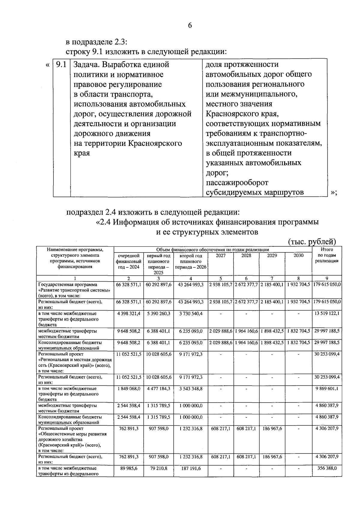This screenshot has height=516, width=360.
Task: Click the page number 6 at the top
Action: coord(190,26)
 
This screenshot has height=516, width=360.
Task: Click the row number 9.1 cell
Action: coord(61,65)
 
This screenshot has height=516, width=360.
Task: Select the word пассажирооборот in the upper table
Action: coord(237,183)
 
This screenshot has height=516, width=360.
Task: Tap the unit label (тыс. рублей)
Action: coord(312,241)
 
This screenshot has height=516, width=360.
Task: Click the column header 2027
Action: coord(220,256)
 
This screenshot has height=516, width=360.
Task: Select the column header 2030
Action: coord(298,256)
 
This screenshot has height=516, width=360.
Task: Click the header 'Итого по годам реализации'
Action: coord(327,255)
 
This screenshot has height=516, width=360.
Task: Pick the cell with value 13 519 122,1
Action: coord(327,314)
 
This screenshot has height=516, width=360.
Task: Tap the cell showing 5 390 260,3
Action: coord(158,314)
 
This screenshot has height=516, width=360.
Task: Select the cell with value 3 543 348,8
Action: coord(191,389)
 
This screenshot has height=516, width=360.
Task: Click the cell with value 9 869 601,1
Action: coord(327,389)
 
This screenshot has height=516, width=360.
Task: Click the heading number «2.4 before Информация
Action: coord(103,222)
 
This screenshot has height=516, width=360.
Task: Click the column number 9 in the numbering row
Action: coord(327,278)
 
